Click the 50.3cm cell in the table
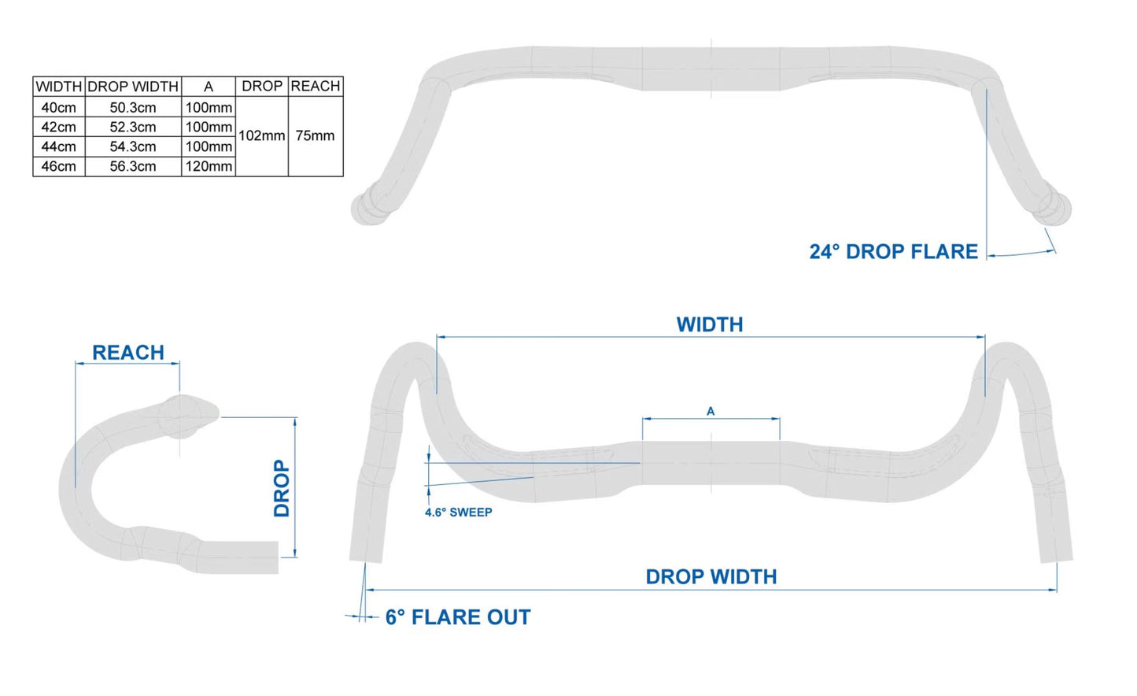pyautogui.click(x=133, y=107)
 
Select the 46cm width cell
pyautogui.click(x=59, y=166)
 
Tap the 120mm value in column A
pyautogui.click(x=209, y=166)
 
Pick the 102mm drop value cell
pyautogui.click(x=261, y=135)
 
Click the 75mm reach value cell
pyautogui.click(x=315, y=135)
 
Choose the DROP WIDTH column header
pyautogui.click(x=133, y=86)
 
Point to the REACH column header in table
pyautogui.click(x=315, y=86)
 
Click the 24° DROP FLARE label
pyautogui.click(x=893, y=252)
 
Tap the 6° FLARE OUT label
pyautogui.click(x=457, y=617)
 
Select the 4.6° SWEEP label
pyautogui.click(x=459, y=513)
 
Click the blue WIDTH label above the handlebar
pyautogui.click(x=710, y=324)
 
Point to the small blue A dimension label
pyautogui.click(x=711, y=411)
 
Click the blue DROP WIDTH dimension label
pyautogui.click(x=711, y=577)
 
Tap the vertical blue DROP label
pyautogui.click(x=281, y=488)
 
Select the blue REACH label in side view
pyautogui.click(x=128, y=353)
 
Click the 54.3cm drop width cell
pyautogui.click(x=133, y=146)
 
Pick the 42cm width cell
pyautogui.click(x=59, y=127)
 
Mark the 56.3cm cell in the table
pyautogui.click(x=133, y=166)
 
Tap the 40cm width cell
pyautogui.click(x=59, y=107)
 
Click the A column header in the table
pyautogui.click(x=209, y=86)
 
